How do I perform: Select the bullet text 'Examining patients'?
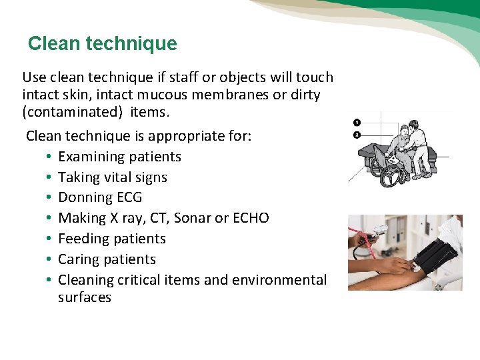click(119, 157)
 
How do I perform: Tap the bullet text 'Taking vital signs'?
click(112, 177)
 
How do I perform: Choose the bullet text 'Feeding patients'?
click(111, 239)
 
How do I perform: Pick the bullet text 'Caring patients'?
click(107, 259)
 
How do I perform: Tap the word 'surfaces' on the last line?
click(85, 297)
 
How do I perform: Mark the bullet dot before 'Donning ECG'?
click(49, 198)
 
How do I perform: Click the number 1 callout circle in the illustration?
click(357, 123)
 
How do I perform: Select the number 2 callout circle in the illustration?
click(357, 135)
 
